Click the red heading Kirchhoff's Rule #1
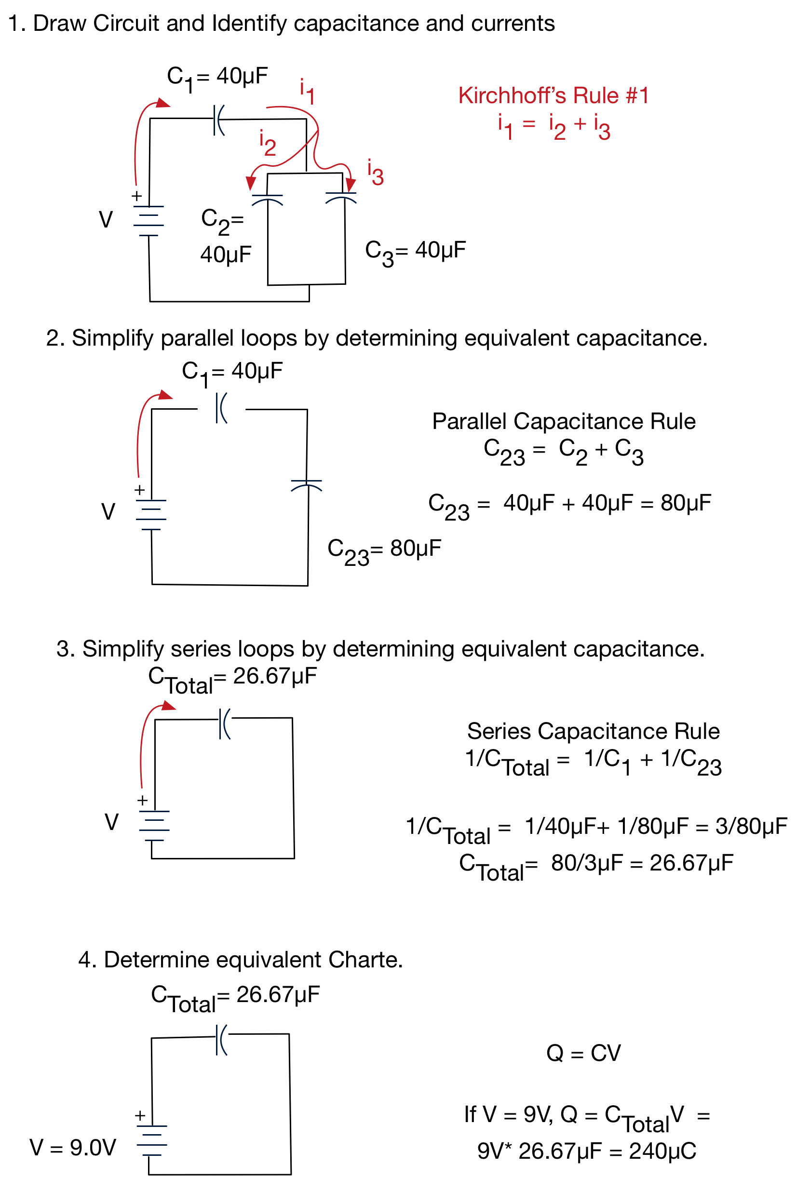coord(553,95)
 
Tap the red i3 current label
coord(375,173)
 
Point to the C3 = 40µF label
coord(415,253)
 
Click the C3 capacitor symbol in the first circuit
coord(341,197)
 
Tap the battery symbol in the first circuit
coord(148,221)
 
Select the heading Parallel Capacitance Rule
coord(564,421)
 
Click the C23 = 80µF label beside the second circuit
coord(384,551)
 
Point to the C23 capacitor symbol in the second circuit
coord(306,485)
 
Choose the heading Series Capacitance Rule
coord(593,731)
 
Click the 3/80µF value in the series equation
coord(751,826)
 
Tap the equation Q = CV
coord(583,1053)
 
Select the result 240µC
coord(662,1151)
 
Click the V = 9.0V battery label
coord(73,1148)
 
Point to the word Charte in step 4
coord(365,960)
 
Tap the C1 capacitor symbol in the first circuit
coord(219,120)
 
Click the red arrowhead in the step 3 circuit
coord(168,705)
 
